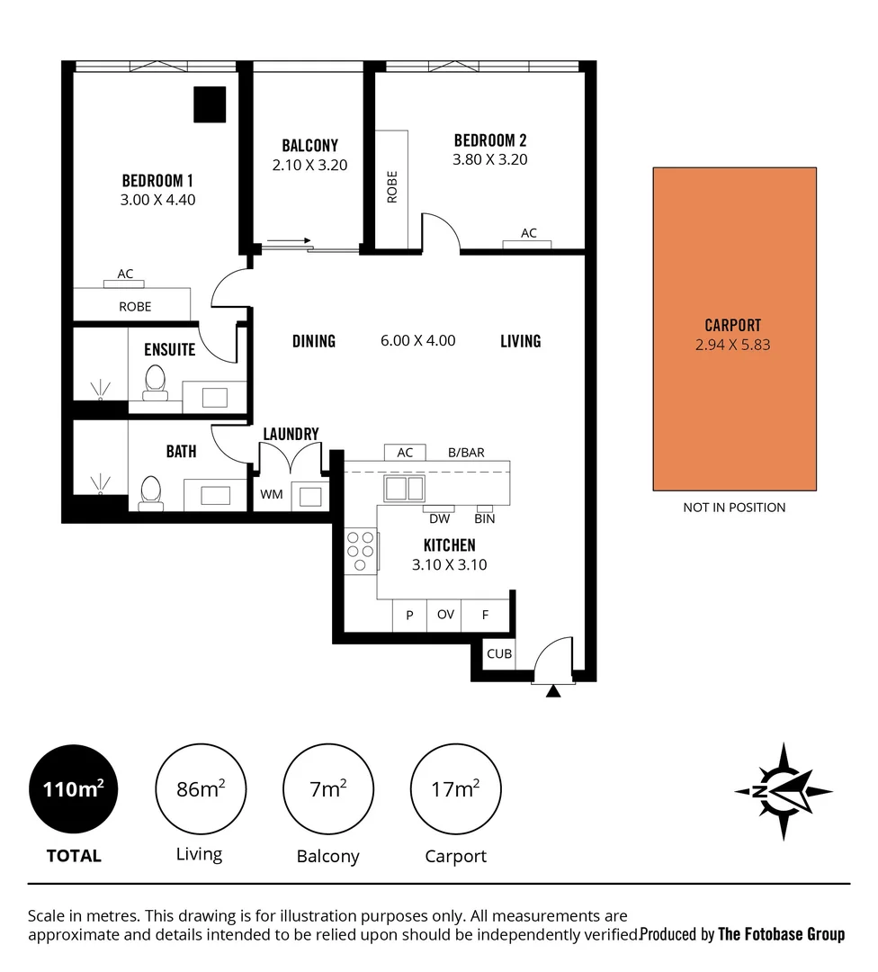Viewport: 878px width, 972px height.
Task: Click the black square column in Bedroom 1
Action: pyautogui.click(x=211, y=104)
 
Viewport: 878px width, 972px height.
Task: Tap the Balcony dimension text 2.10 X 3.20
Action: pyautogui.click(x=309, y=165)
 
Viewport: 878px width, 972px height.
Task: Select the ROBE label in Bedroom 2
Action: pyautogui.click(x=391, y=187)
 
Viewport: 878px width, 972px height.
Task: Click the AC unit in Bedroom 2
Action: pyautogui.click(x=528, y=239)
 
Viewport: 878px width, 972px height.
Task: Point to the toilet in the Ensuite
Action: pyautogui.click(x=155, y=382)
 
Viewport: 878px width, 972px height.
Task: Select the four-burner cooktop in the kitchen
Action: pyautogui.click(x=361, y=551)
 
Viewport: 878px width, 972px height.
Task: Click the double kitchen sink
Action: pyautogui.click(x=405, y=488)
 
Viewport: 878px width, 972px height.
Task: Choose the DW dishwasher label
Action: pyautogui.click(x=440, y=518)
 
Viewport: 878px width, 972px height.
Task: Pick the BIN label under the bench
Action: pyautogui.click(x=485, y=518)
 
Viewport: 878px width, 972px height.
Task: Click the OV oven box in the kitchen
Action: pyautogui.click(x=444, y=616)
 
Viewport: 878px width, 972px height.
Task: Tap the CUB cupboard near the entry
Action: pyautogui.click(x=499, y=654)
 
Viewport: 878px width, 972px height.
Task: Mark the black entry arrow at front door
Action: pyautogui.click(x=554, y=690)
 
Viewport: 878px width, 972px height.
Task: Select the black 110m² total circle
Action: pyautogui.click(x=74, y=790)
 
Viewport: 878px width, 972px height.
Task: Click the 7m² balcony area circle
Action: pyautogui.click(x=327, y=790)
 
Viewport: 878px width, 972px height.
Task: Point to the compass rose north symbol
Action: pyautogui.click(x=783, y=791)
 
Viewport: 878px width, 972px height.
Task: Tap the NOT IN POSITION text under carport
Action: pyautogui.click(x=734, y=508)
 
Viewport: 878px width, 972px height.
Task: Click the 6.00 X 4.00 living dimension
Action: pyautogui.click(x=417, y=340)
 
